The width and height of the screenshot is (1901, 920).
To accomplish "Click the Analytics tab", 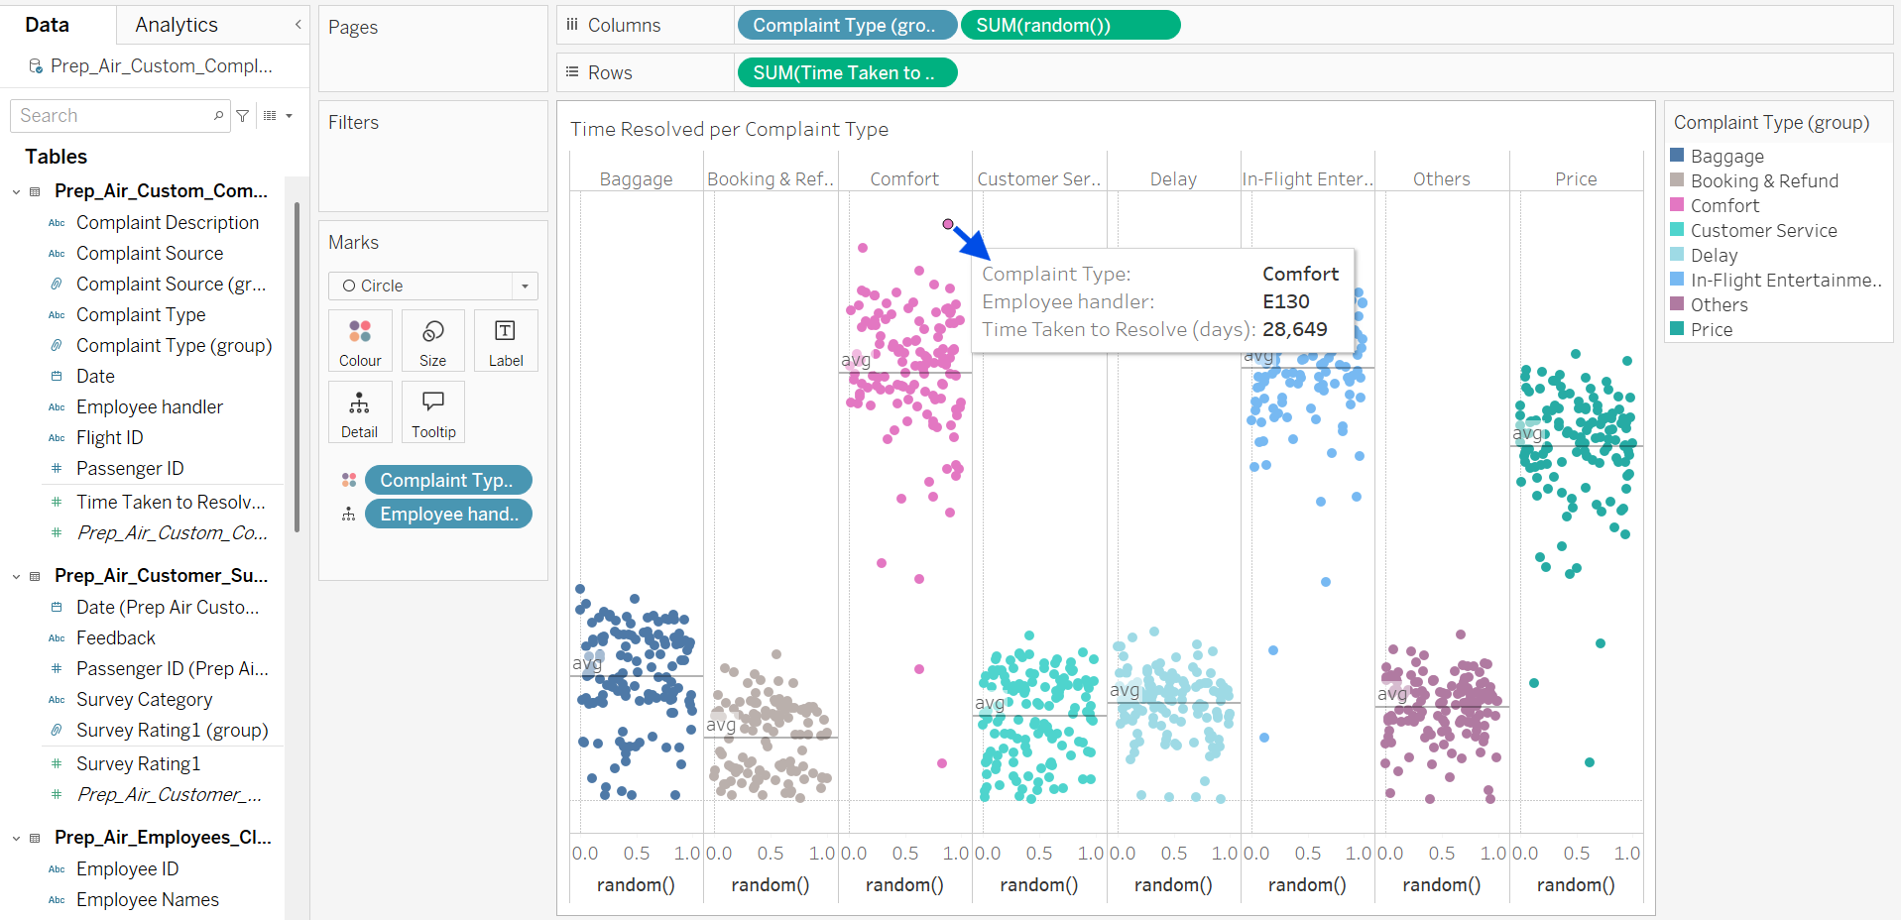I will [177, 25].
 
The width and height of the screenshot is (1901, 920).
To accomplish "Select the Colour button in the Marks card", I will [360, 341].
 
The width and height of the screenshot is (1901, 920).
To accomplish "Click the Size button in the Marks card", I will [432, 341].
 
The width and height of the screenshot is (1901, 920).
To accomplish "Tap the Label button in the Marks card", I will [506, 341].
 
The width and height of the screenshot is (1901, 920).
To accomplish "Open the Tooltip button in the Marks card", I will [433, 412].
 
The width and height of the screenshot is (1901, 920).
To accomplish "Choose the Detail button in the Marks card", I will [360, 412].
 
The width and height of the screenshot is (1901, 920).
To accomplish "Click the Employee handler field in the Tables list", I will [150, 407].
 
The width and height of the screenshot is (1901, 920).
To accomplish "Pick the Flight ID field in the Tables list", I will [110, 438].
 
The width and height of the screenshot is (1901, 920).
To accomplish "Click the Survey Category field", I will [144, 700].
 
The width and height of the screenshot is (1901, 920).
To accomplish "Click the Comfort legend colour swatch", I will [1677, 205].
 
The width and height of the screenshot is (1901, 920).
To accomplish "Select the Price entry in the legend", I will [1712, 330].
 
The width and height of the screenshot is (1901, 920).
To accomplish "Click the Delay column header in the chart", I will [1173, 179].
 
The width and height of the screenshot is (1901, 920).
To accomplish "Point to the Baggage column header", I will [636, 179].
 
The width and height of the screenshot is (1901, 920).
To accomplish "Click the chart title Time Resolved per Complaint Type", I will [729, 130].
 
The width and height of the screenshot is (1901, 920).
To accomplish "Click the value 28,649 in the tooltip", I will [1294, 330].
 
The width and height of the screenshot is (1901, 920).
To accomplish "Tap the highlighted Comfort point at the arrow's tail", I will [948, 224].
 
